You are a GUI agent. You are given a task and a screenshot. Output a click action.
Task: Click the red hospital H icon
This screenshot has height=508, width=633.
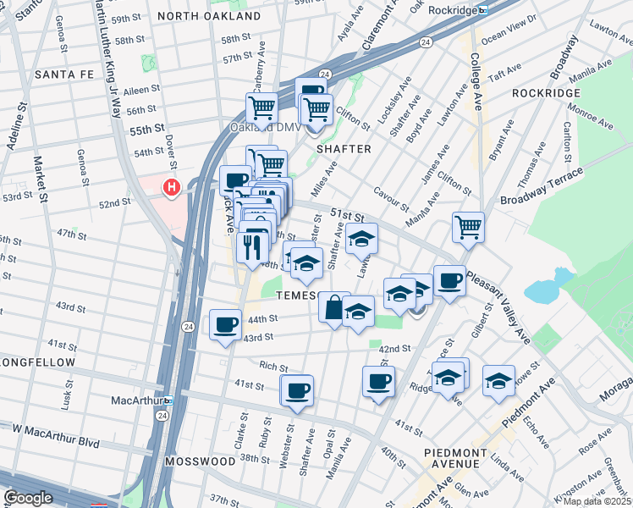pos(173,187)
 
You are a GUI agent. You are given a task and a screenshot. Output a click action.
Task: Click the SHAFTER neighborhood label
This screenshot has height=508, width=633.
pos(344,149)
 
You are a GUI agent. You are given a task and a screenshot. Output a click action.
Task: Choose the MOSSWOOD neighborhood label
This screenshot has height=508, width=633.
pos(198,462)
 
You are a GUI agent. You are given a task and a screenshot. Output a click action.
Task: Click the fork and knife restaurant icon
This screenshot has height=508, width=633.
pos(253,246)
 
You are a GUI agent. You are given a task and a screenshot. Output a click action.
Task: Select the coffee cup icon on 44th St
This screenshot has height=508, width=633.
pos(225,323)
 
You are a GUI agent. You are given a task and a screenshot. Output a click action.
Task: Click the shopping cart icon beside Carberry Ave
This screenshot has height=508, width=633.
pos(261,108)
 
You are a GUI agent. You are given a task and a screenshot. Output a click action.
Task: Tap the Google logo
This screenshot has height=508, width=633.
pos(27,499)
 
